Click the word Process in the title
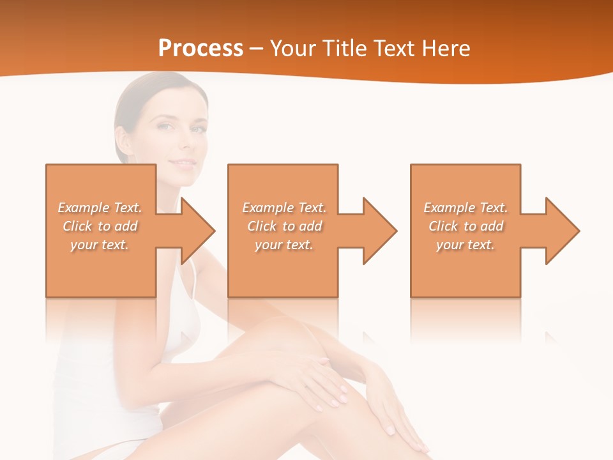click(201, 49)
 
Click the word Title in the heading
click(344, 49)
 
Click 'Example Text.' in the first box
click(100, 208)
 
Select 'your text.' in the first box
click(100, 245)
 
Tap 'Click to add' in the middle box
click(284, 226)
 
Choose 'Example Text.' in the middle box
click(284, 208)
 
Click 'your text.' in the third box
click(465, 245)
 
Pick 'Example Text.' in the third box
click(465, 208)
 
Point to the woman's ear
click(120, 138)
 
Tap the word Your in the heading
click(292, 49)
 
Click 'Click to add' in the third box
click(465, 226)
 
